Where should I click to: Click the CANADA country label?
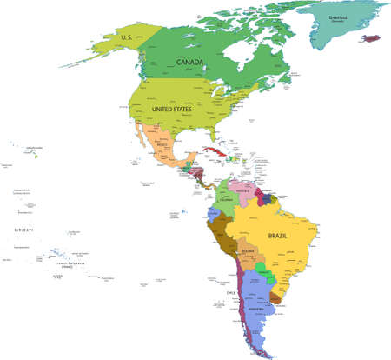pos(190,63)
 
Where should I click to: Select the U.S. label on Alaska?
pos(127,37)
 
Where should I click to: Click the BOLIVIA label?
pos(249,253)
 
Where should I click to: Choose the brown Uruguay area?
pos(275,297)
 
